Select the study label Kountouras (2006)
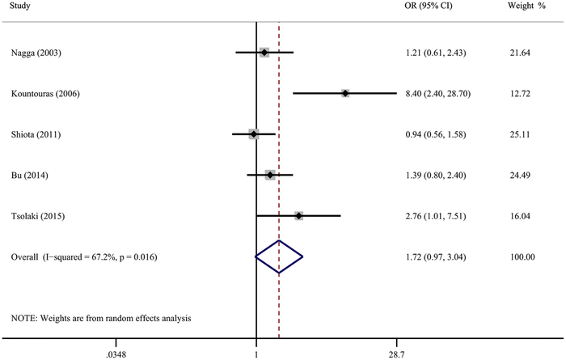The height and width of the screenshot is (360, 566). click(45, 94)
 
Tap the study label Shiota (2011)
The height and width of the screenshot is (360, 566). click(36, 134)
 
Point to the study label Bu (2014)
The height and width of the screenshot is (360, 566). click(29, 175)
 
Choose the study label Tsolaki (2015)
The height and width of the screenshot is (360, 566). click(38, 216)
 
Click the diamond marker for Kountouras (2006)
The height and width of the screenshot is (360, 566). click(345, 94)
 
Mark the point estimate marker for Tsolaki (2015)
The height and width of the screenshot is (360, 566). click(299, 216)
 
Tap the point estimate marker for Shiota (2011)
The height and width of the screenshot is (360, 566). click(253, 134)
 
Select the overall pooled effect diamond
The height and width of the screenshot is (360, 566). click(279, 257)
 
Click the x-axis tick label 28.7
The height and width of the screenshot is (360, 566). click(397, 354)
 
